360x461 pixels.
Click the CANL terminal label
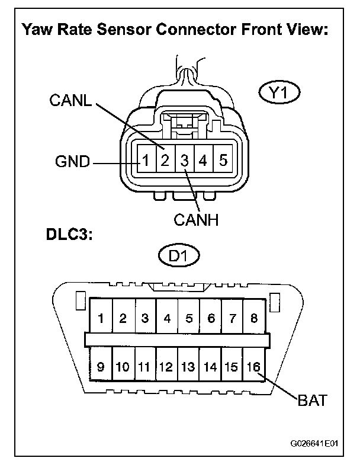70,100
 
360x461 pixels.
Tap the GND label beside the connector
73,161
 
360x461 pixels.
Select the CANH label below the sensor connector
197,220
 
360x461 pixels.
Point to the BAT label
313,400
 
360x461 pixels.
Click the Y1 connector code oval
279,93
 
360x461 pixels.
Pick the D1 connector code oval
179,256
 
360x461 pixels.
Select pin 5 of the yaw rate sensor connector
223,160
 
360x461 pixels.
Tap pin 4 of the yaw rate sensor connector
203,161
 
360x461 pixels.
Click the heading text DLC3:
69,235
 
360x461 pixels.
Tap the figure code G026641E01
314,443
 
